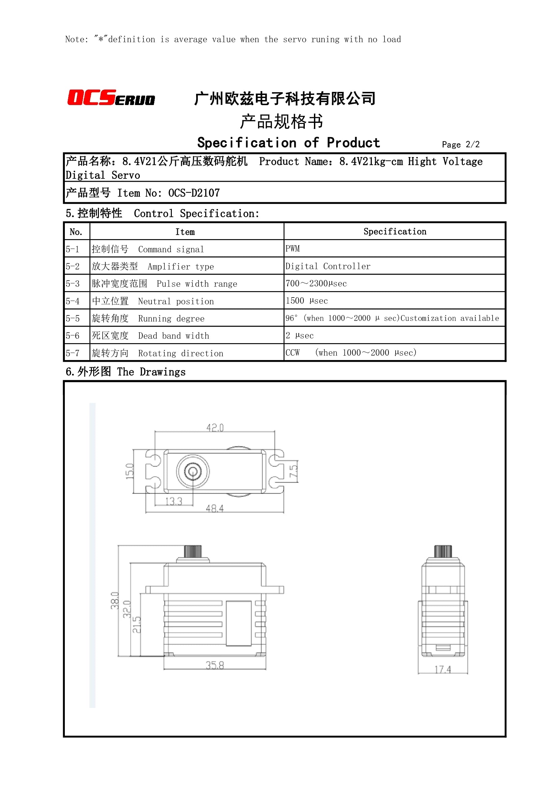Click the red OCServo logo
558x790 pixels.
pos(111,97)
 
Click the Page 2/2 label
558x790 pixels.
pos(460,145)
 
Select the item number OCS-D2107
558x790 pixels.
pos(194,193)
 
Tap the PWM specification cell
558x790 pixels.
pos(293,249)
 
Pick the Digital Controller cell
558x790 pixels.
pos(328,266)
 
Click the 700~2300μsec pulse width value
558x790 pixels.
pos(316,283)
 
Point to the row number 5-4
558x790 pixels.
pos(73,301)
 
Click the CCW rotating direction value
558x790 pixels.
pos(293,353)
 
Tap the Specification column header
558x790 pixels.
pos(394,232)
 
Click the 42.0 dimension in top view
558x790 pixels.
pos(215,428)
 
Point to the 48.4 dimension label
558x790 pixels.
pos(215,508)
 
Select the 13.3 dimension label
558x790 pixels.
pos(174,501)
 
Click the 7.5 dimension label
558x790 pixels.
pos(293,471)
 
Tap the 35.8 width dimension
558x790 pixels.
pos(215,665)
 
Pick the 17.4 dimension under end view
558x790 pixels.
pos(443,669)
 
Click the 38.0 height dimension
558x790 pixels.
pos(114,601)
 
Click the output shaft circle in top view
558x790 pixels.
pos(192,472)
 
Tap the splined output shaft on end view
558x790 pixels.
pos(443,551)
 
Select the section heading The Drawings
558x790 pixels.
pos(151,372)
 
